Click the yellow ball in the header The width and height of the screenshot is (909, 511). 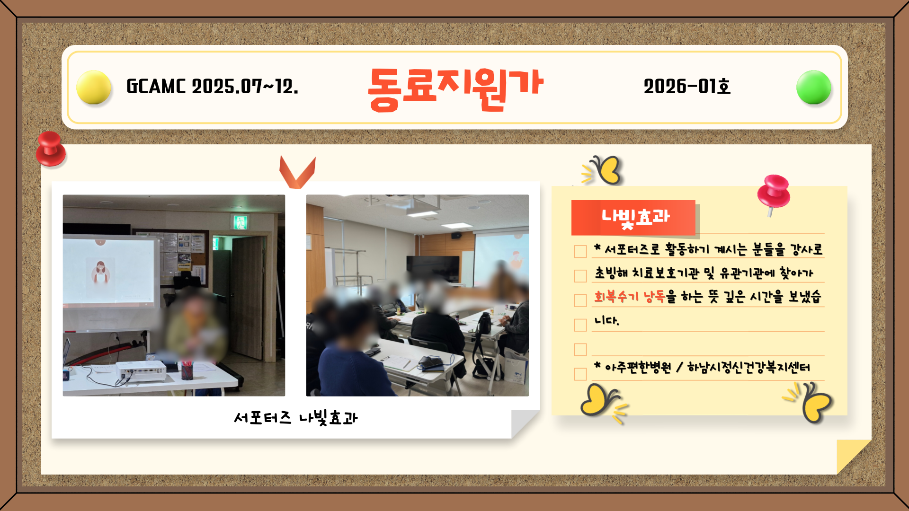click(94, 87)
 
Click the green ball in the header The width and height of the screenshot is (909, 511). click(814, 87)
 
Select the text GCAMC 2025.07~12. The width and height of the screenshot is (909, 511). click(212, 86)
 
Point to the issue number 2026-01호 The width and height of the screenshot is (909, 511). click(687, 86)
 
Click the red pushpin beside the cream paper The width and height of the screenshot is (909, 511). click(51, 149)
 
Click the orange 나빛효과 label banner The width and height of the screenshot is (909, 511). click(633, 218)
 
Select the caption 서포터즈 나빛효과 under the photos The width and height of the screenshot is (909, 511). click(296, 418)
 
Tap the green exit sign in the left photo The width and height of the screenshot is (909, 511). click(240, 222)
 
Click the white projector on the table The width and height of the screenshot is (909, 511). click(141, 371)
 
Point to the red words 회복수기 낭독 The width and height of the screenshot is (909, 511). click(630, 297)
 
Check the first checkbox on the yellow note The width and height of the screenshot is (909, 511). click(580, 251)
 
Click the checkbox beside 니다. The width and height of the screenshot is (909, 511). click(580, 325)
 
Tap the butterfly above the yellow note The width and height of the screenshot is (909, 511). click(603, 170)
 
